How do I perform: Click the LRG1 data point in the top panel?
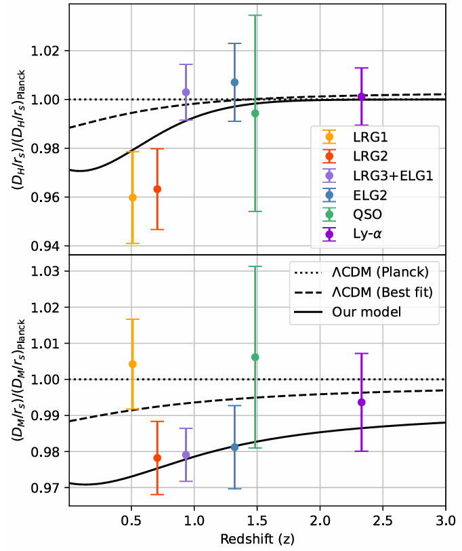point(132,197)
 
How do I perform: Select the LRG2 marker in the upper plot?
point(157,189)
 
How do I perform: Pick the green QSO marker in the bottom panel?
point(255,357)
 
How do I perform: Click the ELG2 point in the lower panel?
point(234,447)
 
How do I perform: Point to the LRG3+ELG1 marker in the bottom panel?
point(186,455)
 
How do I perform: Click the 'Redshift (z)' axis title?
point(257,539)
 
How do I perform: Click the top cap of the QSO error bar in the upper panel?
point(255,15)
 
